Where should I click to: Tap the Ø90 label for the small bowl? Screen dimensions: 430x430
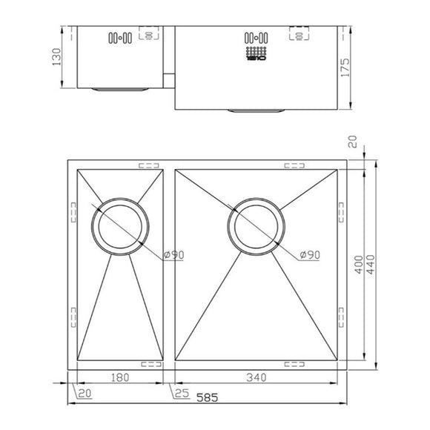(x=173, y=255)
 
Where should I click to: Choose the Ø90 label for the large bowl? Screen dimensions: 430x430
(x=310, y=255)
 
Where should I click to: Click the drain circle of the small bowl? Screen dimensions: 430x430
(x=121, y=225)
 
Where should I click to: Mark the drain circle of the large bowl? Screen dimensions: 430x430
(x=257, y=225)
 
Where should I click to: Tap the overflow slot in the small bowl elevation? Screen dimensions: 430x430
(x=119, y=36)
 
